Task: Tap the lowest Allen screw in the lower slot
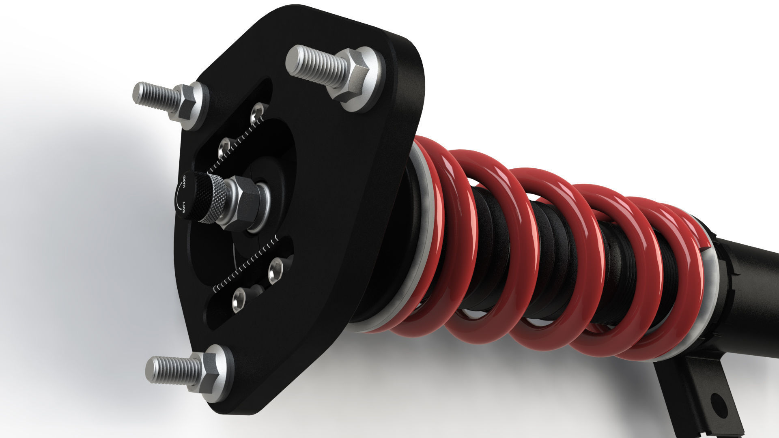238,300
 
